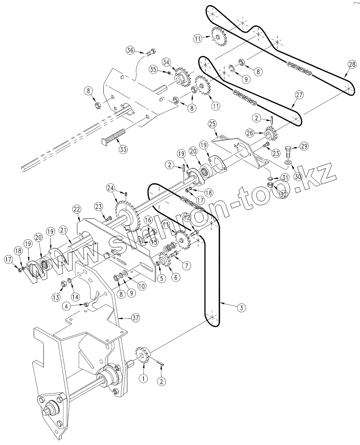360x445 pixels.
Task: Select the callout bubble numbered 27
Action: [x=300, y=95]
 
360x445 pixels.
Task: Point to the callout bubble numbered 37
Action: [x=135, y=318]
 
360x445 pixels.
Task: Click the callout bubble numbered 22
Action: [x=76, y=210]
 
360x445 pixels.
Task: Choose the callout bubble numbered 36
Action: [x=130, y=51]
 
